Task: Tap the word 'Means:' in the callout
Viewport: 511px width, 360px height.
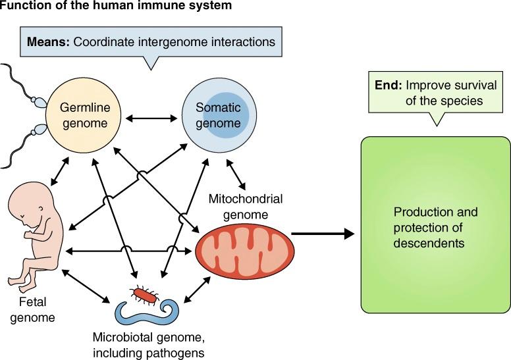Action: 49,41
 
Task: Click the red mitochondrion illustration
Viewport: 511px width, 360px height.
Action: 243,251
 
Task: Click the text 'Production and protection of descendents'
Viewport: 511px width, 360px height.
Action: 435,228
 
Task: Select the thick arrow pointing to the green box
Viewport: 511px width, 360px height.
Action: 322,233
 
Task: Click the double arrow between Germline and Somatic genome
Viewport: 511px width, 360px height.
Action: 152,118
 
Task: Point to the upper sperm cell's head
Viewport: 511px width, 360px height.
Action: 39,103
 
